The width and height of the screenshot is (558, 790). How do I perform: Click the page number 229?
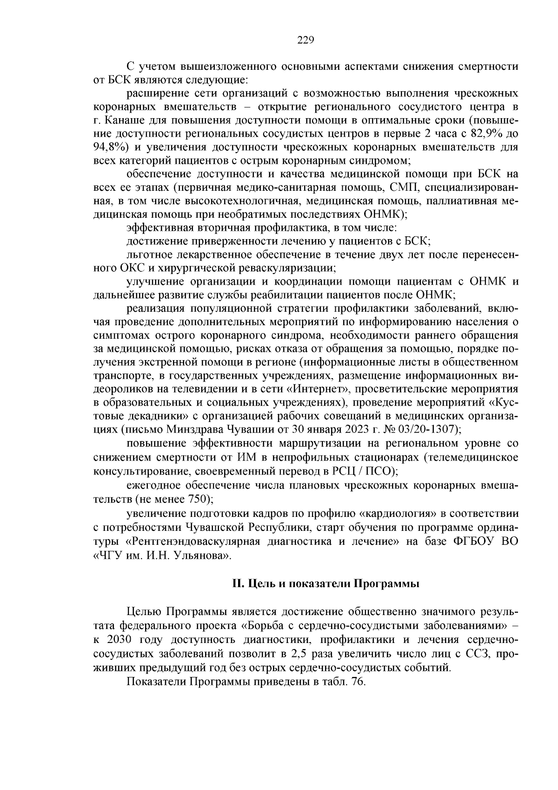(x=306, y=40)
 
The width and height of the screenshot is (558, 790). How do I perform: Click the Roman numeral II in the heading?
(x=238, y=584)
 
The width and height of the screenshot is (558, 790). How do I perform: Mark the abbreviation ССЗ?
(x=477, y=654)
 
